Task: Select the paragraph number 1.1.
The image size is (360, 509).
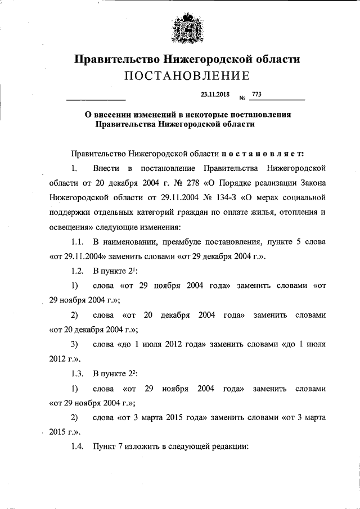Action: (x=78, y=242)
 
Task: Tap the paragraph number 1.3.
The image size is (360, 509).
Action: (x=78, y=373)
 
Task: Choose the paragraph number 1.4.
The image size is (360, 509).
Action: (x=78, y=447)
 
